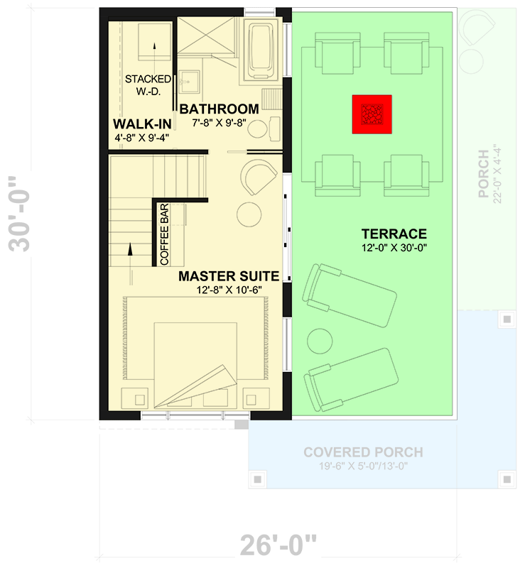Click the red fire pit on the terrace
(x=372, y=114)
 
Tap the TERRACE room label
(x=394, y=234)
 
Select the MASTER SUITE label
(x=228, y=275)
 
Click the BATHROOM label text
(x=218, y=109)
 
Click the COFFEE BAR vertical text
(x=164, y=234)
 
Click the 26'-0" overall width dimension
(x=277, y=546)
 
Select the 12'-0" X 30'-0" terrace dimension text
(x=394, y=248)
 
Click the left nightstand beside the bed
(x=137, y=396)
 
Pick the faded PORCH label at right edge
(x=484, y=174)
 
